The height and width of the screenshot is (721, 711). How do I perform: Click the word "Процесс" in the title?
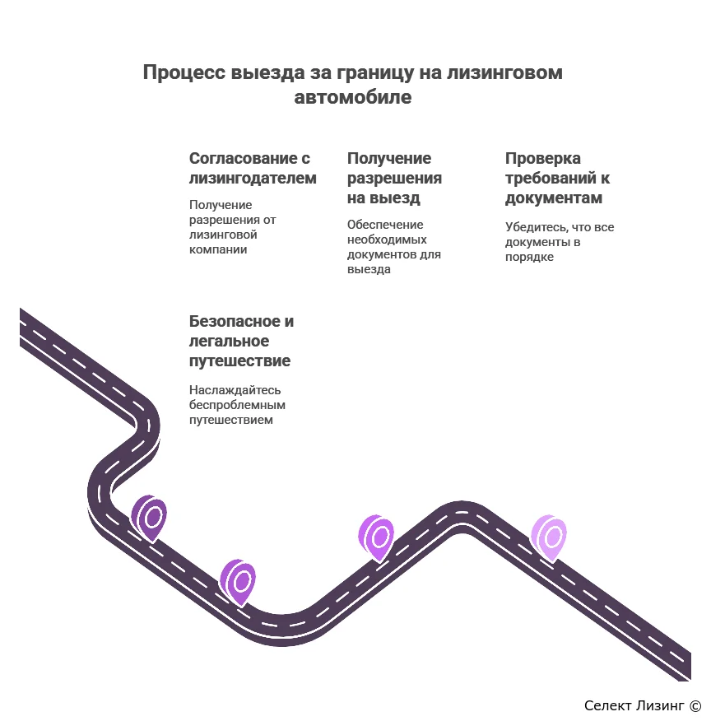click(184, 73)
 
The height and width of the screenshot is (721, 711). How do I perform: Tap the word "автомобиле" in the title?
click(352, 97)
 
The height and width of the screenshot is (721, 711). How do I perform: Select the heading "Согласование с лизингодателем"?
click(253, 168)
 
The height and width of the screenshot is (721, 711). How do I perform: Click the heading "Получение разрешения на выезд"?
click(394, 178)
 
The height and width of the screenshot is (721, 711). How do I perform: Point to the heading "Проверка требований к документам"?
click(557, 178)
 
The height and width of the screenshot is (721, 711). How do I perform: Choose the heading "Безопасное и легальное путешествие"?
click(241, 341)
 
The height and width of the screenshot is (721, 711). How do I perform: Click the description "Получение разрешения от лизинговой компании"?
click(233, 227)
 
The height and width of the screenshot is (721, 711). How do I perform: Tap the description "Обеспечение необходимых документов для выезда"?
click(394, 247)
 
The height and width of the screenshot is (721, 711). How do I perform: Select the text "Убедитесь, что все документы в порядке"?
click(560, 242)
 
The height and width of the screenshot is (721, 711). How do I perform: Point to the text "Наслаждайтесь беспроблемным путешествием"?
click(237, 405)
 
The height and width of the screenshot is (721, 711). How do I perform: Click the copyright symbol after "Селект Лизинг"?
click(695, 705)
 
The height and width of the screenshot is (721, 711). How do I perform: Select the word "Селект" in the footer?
click(604, 705)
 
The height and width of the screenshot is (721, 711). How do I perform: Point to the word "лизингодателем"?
click(253, 178)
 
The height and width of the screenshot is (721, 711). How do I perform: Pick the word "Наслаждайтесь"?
click(235, 390)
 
